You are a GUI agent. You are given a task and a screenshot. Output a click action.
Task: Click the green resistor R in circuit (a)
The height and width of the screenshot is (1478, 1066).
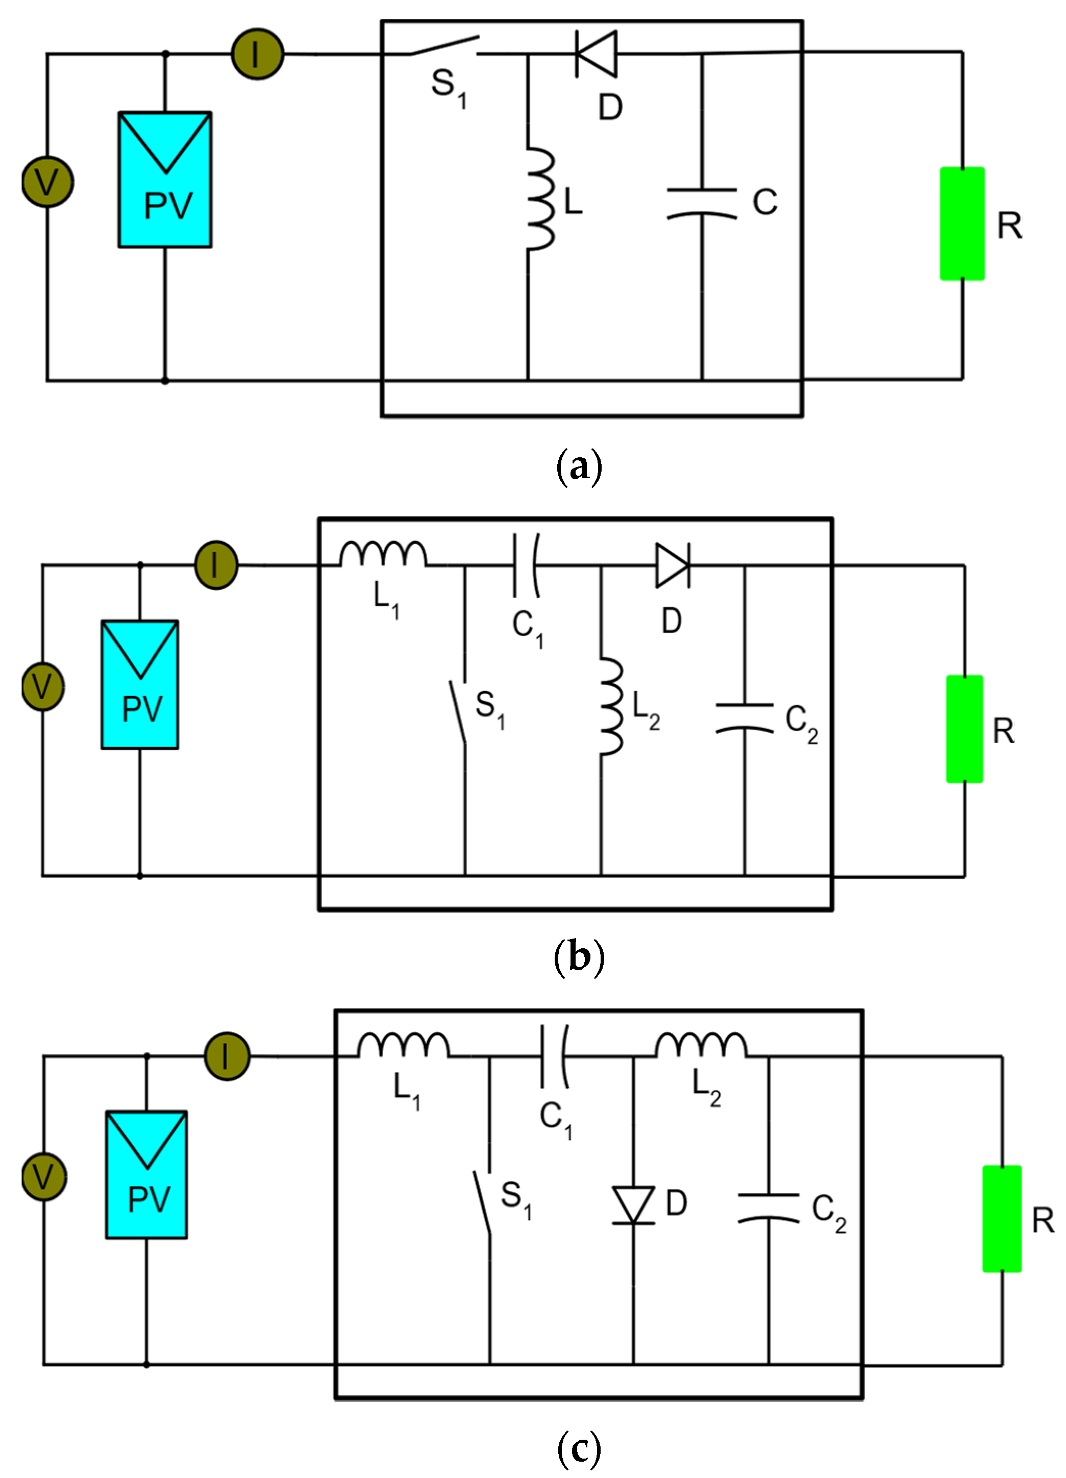click(x=962, y=224)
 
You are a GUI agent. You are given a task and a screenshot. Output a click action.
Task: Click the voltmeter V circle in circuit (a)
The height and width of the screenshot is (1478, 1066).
click(x=47, y=182)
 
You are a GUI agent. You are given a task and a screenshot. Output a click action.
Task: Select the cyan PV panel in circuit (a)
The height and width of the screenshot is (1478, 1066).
click(x=165, y=180)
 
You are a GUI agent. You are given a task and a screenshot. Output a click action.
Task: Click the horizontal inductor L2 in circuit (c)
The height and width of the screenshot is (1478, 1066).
click(x=701, y=1045)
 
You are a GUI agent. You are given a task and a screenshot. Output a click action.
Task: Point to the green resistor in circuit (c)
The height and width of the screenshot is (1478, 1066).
click(x=1002, y=1219)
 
